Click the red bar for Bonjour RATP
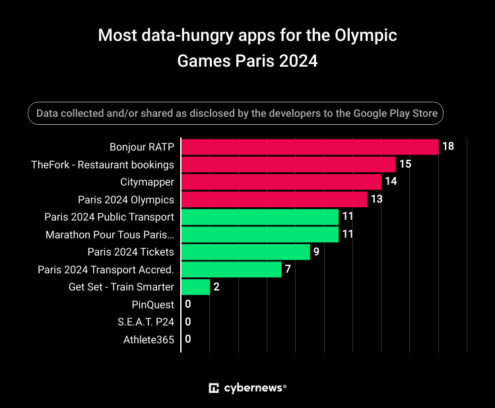point(310,147)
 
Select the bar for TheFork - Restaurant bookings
point(288,164)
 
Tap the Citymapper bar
point(281,182)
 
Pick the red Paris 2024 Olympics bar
point(274,199)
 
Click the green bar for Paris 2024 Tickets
point(246,252)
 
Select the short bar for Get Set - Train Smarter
point(195,287)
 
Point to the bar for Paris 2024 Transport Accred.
point(231,269)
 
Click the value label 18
point(448,147)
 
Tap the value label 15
point(405,164)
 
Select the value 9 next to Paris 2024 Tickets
point(317,252)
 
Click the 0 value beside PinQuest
point(188,304)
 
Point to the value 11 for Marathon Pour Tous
point(348,234)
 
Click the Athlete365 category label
point(148,339)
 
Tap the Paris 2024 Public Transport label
point(109,217)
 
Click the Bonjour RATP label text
point(141,147)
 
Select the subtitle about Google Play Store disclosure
point(236,114)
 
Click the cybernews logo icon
point(214,388)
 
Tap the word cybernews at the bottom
point(252,388)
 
